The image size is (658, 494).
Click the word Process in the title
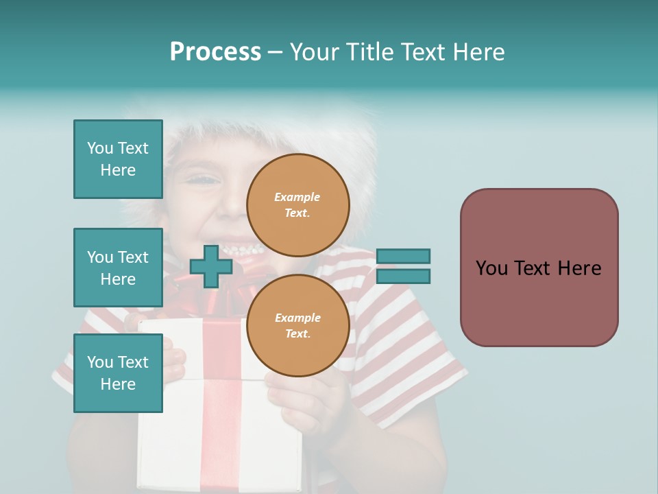click(215, 52)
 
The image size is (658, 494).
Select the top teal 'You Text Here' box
click(118, 159)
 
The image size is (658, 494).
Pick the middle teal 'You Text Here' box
click(118, 268)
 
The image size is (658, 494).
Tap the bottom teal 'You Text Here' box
click(118, 373)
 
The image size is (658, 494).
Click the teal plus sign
click(210, 266)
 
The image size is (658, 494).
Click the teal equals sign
click(403, 266)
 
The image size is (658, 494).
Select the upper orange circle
click(298, 205)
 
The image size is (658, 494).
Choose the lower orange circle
click(298, 326)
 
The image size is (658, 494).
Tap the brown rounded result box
click(539, 268)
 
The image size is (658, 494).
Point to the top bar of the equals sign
click(403, 256)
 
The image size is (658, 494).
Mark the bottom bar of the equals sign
click(403, 277)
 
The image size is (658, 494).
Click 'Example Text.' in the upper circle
click(297, 205)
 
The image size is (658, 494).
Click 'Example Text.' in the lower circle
click(297, 326)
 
